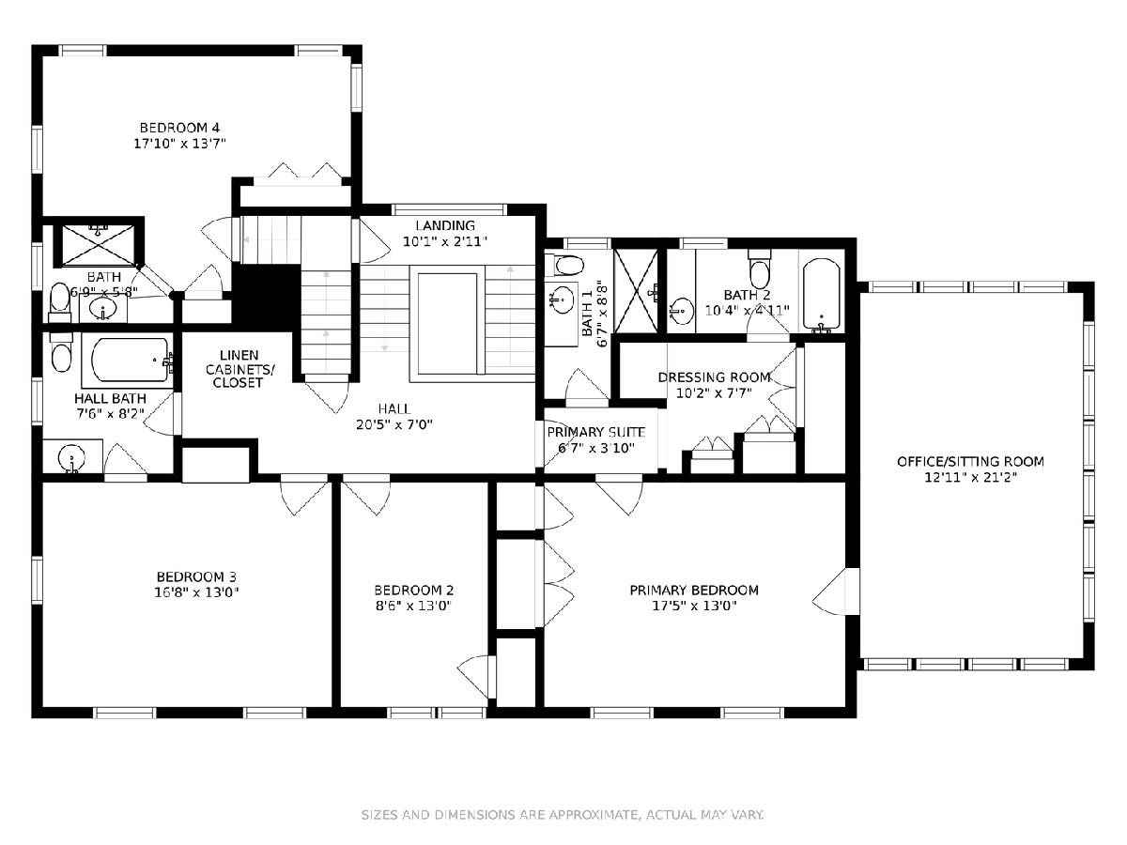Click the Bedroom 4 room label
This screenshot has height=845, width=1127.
point(179,128)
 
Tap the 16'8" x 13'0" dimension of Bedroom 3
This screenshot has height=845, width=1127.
point(196,592)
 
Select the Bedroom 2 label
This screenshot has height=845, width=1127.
point(414,591)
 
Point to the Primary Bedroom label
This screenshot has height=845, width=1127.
point(694,591)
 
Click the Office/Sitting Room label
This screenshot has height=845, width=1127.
point(970,462)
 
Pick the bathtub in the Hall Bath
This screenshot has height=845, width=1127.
point(130,360)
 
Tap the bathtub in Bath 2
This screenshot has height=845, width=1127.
point(822,295)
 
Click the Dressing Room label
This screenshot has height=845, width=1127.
point(714,377)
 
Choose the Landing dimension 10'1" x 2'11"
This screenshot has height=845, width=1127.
point(444,241)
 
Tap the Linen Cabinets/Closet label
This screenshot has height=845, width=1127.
point(239,369)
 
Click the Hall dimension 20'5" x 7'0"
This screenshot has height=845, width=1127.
point(394,424)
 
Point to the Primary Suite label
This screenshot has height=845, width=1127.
point(596,433)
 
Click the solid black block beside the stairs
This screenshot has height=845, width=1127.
point(266,298)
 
